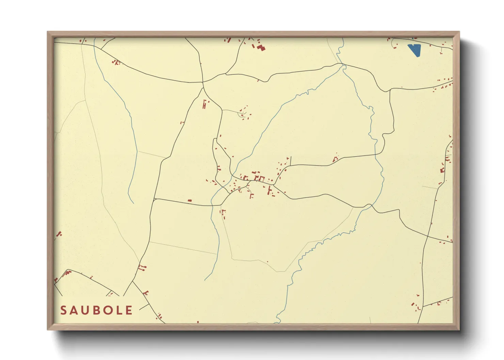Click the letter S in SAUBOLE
(x=64, y=310)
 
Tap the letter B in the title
(x=96, y=310)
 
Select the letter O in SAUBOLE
(x=107, y=310)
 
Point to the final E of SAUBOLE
(x=129, y=310)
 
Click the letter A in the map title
(x=74, y=310)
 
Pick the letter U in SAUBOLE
(x=85, y=310)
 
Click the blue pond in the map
(x=415, y=50)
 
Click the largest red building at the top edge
(x=261, y=47)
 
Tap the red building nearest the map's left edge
(x=59, y=234)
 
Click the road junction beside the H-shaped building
(x=203, y=88)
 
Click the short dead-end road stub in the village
(x=290, y=161)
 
